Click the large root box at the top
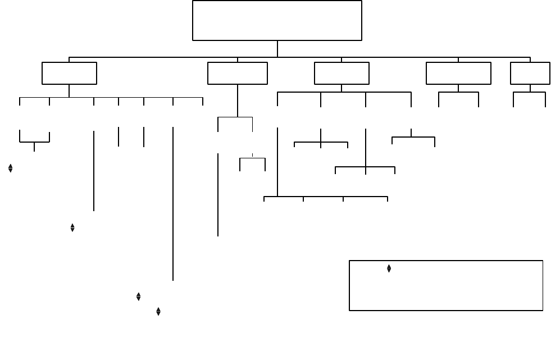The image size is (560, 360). tap(277, 20)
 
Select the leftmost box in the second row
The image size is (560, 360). tap(69, 73)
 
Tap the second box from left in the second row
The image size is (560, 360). tap(237, 73)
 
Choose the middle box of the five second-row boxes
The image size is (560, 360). tap(342, 73)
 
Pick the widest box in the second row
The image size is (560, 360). tap(458, 73)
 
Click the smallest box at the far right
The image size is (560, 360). tap(530, 73)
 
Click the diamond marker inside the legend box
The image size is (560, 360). tap(389, 269)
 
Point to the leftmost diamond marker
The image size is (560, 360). tap(11, 168)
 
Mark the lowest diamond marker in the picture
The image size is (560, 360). tap(158, 311)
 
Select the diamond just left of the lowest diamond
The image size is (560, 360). tap(138, 297)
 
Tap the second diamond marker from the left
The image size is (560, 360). tap(72, 227)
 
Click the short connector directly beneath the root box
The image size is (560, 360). tap(277, 48)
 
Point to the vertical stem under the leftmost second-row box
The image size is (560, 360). tap(69, 90)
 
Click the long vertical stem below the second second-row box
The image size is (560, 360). tap(238, 101)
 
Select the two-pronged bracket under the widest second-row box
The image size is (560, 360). tap(458, 93)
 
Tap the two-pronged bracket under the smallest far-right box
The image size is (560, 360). tap(530, 93)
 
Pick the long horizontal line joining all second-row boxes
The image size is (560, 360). tap(169, 57)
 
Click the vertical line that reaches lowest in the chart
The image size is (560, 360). tap(173, 225)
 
